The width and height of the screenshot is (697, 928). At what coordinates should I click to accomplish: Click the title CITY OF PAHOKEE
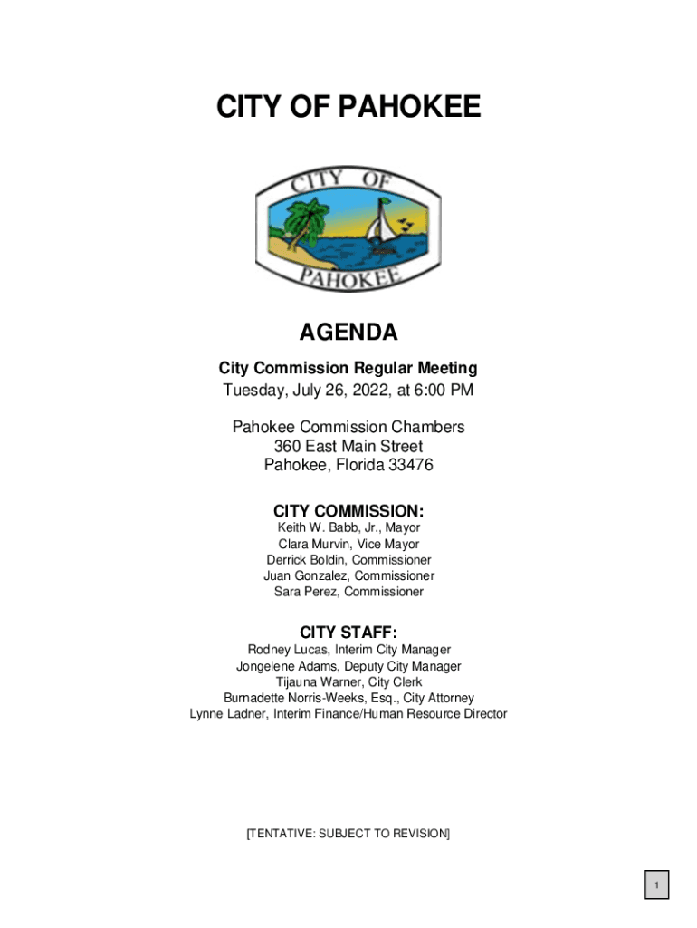(348, 109)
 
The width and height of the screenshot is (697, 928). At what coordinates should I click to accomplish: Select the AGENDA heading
(348, 333)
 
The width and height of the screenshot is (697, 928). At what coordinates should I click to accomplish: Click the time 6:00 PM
(444, 391)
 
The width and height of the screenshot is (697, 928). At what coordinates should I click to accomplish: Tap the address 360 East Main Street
(348, 447)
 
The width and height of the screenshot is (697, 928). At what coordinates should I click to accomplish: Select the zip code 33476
(410, 466)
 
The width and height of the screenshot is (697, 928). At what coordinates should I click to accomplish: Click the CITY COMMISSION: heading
(348, 510)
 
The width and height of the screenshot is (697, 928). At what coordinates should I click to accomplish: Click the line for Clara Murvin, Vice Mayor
(348, 545)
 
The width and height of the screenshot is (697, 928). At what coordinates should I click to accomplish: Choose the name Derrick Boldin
(308, 560)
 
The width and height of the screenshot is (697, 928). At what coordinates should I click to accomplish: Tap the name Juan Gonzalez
(306, 576)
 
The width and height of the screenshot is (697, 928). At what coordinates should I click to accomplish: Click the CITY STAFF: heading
(348, 632)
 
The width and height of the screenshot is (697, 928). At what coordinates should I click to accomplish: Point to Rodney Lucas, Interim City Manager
(348, 650)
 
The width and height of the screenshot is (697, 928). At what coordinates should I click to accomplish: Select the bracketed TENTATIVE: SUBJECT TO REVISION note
(348, 834)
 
